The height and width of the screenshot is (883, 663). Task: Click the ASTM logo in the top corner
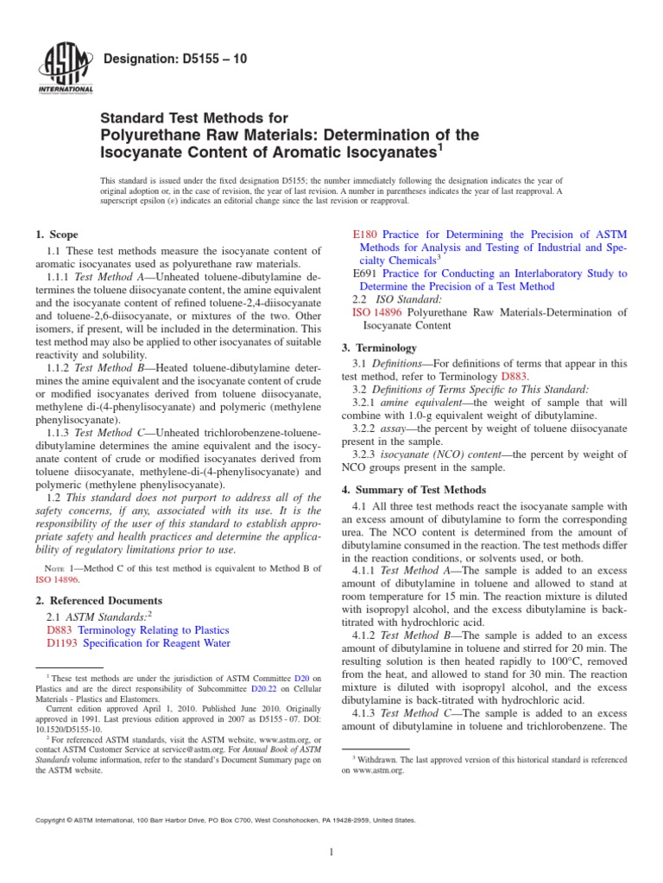click(65, 67)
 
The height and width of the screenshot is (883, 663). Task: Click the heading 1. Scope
click(56, 235)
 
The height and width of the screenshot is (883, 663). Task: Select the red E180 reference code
click(367, 234)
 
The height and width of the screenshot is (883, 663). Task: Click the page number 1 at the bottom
click(331, 853)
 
